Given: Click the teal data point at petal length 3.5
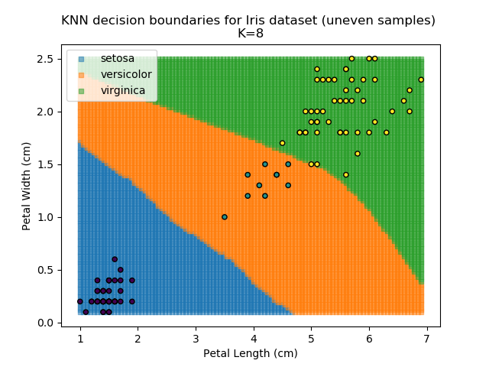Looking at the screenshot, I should click(x=225, y=217).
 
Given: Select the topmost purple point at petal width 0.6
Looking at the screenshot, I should click(x=115, y=259).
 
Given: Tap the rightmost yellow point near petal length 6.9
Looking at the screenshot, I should click(x=421, y=80).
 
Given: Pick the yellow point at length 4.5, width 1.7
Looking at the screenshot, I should click(x=282, y=143).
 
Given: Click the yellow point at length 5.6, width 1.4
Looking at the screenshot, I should click(x=346, y=174).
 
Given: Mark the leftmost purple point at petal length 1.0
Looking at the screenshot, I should click(x=80, y=301).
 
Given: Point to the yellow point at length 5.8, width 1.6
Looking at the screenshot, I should click(x=358, y=154).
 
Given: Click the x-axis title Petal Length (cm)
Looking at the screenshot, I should click(x=250, y=353).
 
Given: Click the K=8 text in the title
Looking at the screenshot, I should click(x=248, y=34).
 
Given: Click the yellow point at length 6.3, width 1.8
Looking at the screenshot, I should click(x=387, y=132).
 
